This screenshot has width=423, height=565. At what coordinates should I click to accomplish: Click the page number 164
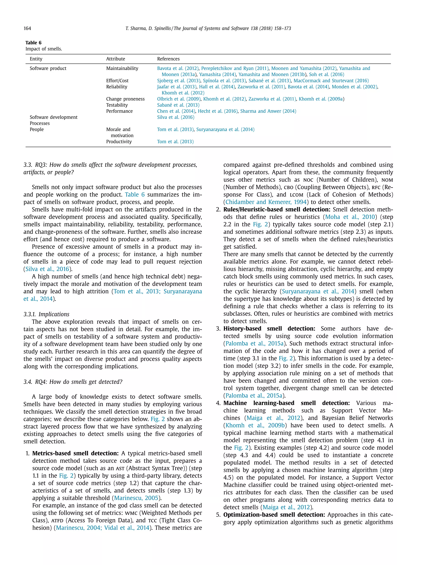pos(27,28)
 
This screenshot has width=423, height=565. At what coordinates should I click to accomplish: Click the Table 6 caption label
pos(33,43)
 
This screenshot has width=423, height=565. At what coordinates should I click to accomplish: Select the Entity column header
pos(36,59)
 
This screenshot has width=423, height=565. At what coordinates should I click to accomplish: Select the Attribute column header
pos(115,59)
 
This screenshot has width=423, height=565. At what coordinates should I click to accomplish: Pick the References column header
pos(168,59)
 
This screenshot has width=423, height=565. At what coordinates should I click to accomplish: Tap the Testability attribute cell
pos(117,105)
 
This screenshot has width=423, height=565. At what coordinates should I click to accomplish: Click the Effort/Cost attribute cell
pos(117,80)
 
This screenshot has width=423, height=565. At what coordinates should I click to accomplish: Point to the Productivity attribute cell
pos(119,142)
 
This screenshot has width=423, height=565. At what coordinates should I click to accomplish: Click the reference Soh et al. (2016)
pos(326,74)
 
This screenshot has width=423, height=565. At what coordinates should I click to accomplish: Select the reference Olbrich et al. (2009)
pos(179,99)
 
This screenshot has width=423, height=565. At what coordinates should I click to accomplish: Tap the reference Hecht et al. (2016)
pos(217,111)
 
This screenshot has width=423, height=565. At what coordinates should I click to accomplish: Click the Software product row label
pos(48,68)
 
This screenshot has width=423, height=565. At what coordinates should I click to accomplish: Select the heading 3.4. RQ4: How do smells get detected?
pos(73,382)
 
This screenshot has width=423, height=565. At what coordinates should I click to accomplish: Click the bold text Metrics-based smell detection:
pos(75,453)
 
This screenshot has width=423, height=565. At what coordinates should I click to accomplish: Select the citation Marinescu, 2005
pos(136,498)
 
